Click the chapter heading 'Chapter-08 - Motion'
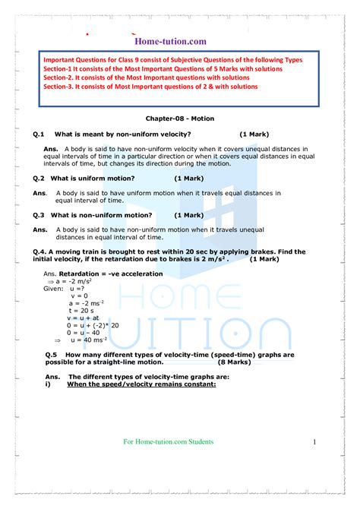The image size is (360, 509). [x=180, y=119]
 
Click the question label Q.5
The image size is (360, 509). [x=52, y=355]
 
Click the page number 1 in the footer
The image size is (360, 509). [x=313, y=442]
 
